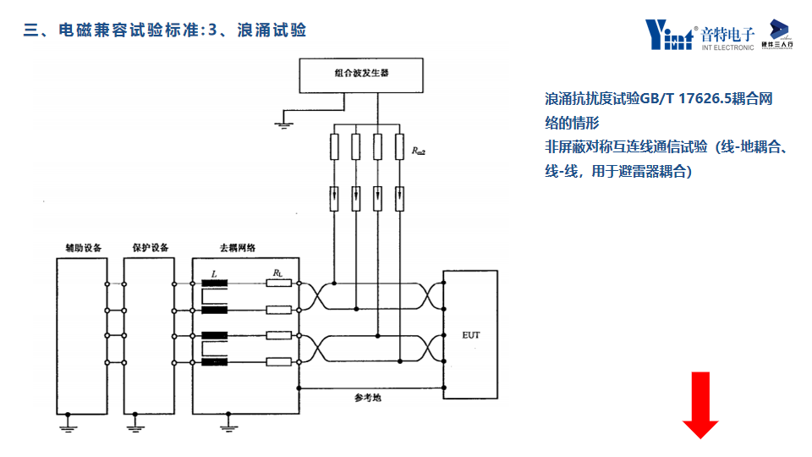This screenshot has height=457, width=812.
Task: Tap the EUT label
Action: point(471,335)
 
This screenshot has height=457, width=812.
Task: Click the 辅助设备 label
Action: point(83,248)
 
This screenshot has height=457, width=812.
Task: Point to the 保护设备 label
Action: point(151,248)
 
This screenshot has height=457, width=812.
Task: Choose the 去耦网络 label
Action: point(238,248)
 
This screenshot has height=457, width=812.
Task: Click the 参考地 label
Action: point(367,397)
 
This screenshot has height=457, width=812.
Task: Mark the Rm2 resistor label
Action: point(419,151)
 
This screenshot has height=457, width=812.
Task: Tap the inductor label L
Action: point(214,274)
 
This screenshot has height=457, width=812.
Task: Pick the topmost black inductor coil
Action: point(215,284)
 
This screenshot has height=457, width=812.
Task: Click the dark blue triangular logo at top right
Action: point(780,29)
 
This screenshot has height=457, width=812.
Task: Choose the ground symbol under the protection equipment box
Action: point(134,427)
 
